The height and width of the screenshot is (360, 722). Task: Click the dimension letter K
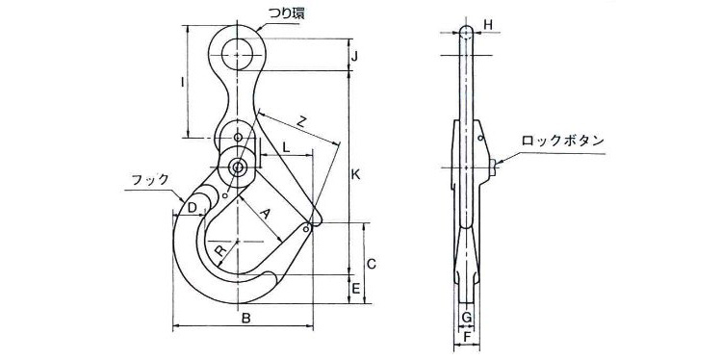[x=355, y=175]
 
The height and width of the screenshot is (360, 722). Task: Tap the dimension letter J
[x=354, y=57]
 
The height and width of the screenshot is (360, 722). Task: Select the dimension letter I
[x=183, y=83]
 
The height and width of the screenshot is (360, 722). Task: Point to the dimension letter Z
[x=301, y=122]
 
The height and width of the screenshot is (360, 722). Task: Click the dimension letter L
[x=286, y=147]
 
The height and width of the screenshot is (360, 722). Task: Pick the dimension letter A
[x=265, y=213]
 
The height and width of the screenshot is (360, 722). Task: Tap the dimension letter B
[x=245, y=318]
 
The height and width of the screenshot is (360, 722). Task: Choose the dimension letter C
[x=372, y=264]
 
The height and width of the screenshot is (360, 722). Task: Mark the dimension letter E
[x=355, y=289]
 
